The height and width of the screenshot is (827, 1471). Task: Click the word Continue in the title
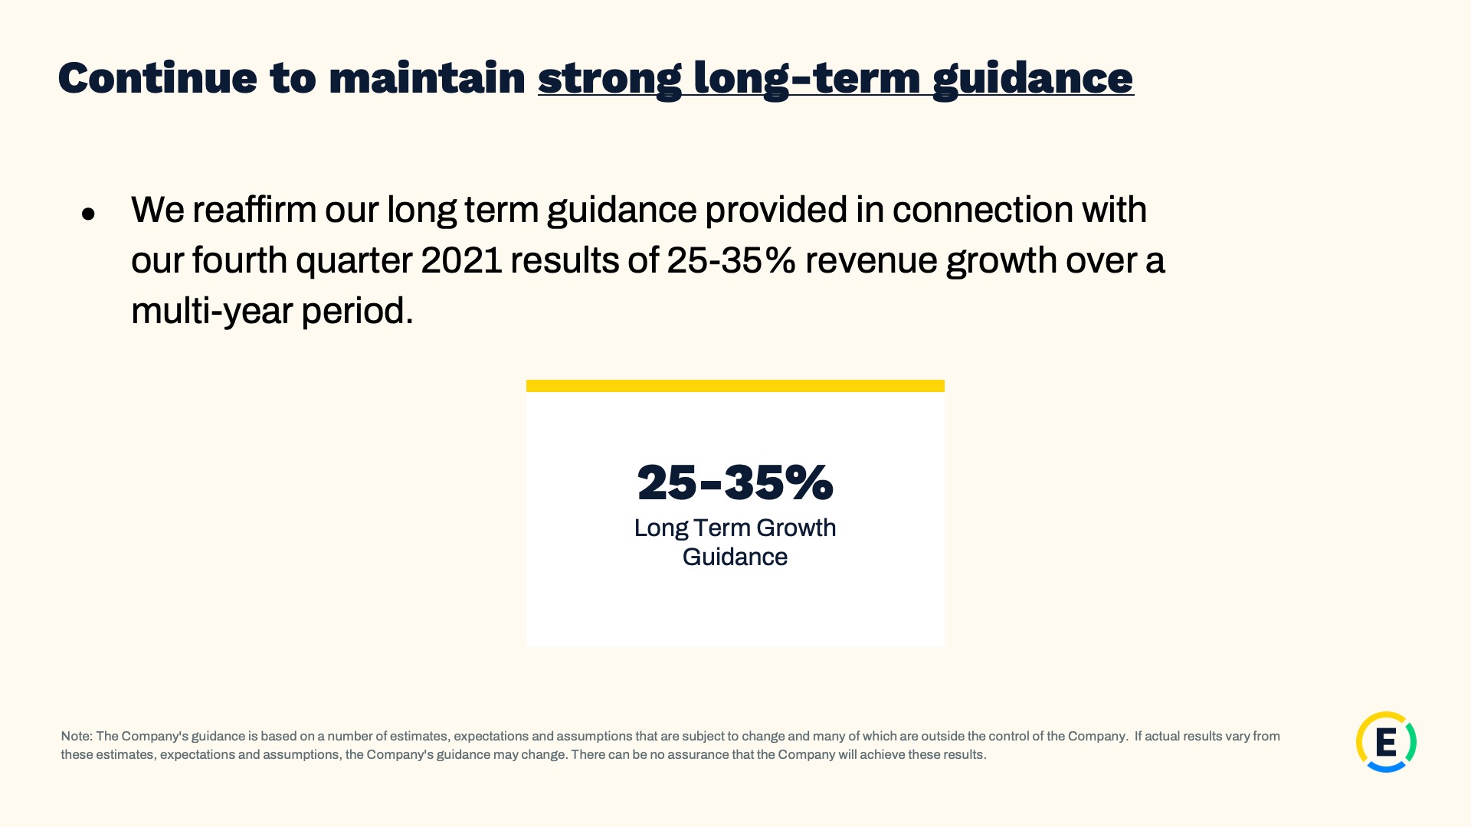(x=157, y=78)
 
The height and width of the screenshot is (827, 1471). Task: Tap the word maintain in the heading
(x=427, y=78)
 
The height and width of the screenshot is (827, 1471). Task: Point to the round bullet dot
(x=88, y=214)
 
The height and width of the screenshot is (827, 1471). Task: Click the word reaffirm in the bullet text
(x=254, y=209)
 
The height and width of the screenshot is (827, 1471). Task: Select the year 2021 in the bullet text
(x=461, y=260)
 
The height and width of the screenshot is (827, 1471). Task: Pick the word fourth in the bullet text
(x=240, y=260)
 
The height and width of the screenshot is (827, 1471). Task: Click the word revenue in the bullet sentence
(x=871, y=260)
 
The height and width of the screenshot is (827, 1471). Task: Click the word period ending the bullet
(x=357, y=312)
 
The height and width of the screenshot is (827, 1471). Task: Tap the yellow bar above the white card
(x=735, y=386)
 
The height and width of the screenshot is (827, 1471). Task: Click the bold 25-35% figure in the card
(x=735, y=482)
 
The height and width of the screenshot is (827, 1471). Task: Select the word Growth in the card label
(x=796, y=528)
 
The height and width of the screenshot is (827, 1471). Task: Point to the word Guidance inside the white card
(x=735, y=557)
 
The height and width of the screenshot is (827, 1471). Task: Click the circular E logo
(x=1386, y=742)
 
